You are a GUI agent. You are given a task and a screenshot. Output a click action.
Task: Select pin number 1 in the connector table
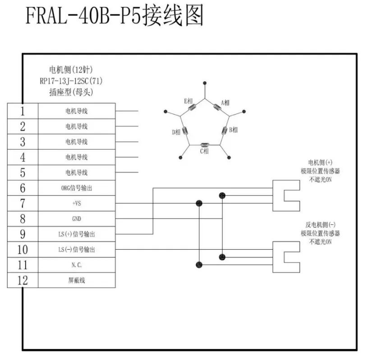tap(23, 111)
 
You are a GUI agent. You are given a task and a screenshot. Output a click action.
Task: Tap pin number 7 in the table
tap(23, 203)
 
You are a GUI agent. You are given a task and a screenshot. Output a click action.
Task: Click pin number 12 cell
tap(23, 280)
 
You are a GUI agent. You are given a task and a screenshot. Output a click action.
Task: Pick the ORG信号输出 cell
tap(76, 188)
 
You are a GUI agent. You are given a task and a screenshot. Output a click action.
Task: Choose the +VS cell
tap(76, 203)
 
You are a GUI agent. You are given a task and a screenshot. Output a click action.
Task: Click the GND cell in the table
tap(76, 219)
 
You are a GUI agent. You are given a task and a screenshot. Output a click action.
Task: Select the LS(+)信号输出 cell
tap(76, 234)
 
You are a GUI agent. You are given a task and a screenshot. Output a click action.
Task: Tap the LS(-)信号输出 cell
tap(76, 249)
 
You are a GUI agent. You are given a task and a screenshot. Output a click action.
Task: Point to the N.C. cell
tap(76, 265)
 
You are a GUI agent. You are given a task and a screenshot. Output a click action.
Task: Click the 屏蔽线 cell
tap(76, 280)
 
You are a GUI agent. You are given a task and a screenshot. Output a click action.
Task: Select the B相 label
tap(233, 130)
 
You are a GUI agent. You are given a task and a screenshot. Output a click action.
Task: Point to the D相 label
tap(176, 132)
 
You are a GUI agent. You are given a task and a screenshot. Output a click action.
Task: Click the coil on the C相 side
tap(205, 145)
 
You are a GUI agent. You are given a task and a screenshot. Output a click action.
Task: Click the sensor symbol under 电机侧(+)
tap(287, 195)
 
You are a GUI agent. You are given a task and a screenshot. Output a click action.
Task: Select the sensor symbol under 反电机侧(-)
tap(287, 257)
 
